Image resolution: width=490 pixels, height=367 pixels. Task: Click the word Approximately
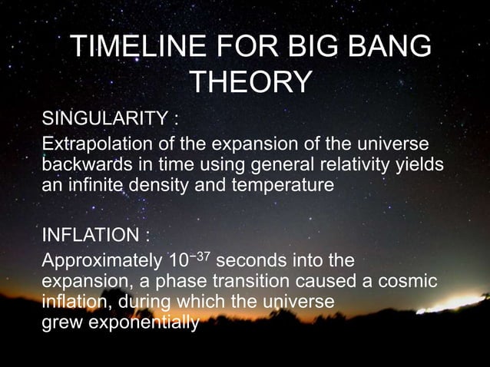point(102,260)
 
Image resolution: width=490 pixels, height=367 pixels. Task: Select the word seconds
point(258,260)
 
